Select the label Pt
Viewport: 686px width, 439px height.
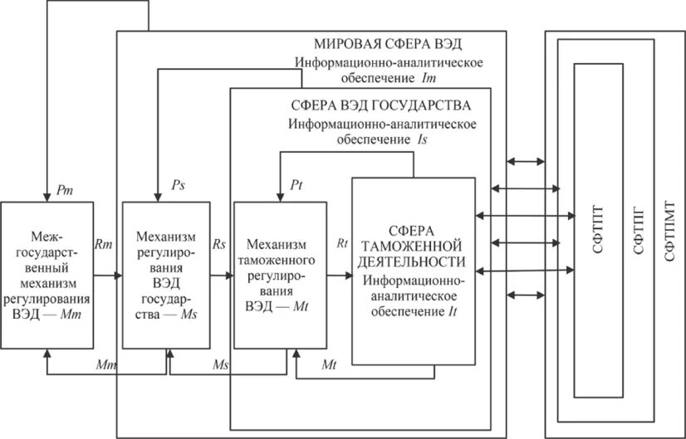click(x=297, y=183)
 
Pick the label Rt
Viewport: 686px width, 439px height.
click(x=341, y=244)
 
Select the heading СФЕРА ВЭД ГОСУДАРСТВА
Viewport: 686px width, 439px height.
click(x=381, y=106)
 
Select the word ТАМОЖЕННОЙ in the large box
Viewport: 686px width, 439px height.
click(x=413, y=245)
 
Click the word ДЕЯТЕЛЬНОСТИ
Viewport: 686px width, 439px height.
click(x=413, y=261)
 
